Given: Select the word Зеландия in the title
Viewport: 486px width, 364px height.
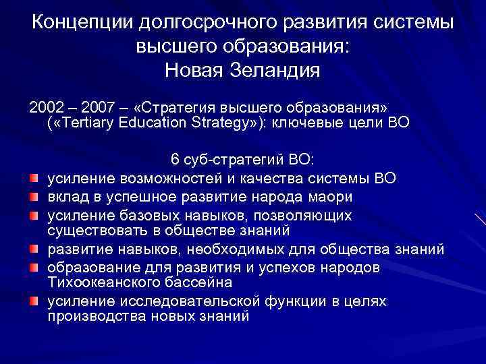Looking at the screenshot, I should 278,69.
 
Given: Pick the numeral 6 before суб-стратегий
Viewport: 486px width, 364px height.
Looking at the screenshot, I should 175,160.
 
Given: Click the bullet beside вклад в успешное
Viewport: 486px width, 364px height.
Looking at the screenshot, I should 34,195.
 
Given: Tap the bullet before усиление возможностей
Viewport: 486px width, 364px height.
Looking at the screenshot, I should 34,178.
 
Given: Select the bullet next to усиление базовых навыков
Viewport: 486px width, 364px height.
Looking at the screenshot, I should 34,214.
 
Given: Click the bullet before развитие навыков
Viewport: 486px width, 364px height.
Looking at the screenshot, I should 34,249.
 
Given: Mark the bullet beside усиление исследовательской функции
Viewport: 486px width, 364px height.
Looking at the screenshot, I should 34,300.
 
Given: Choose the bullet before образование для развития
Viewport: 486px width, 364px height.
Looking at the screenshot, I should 34,267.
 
